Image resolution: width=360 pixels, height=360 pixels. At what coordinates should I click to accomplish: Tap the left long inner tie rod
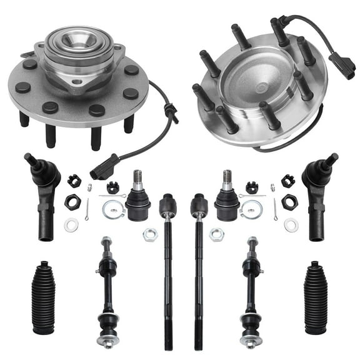click(167, 269)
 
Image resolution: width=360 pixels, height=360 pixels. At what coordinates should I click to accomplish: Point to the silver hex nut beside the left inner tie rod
click(149, 234)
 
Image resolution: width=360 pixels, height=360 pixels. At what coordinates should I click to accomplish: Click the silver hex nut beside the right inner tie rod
click(216, 234)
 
